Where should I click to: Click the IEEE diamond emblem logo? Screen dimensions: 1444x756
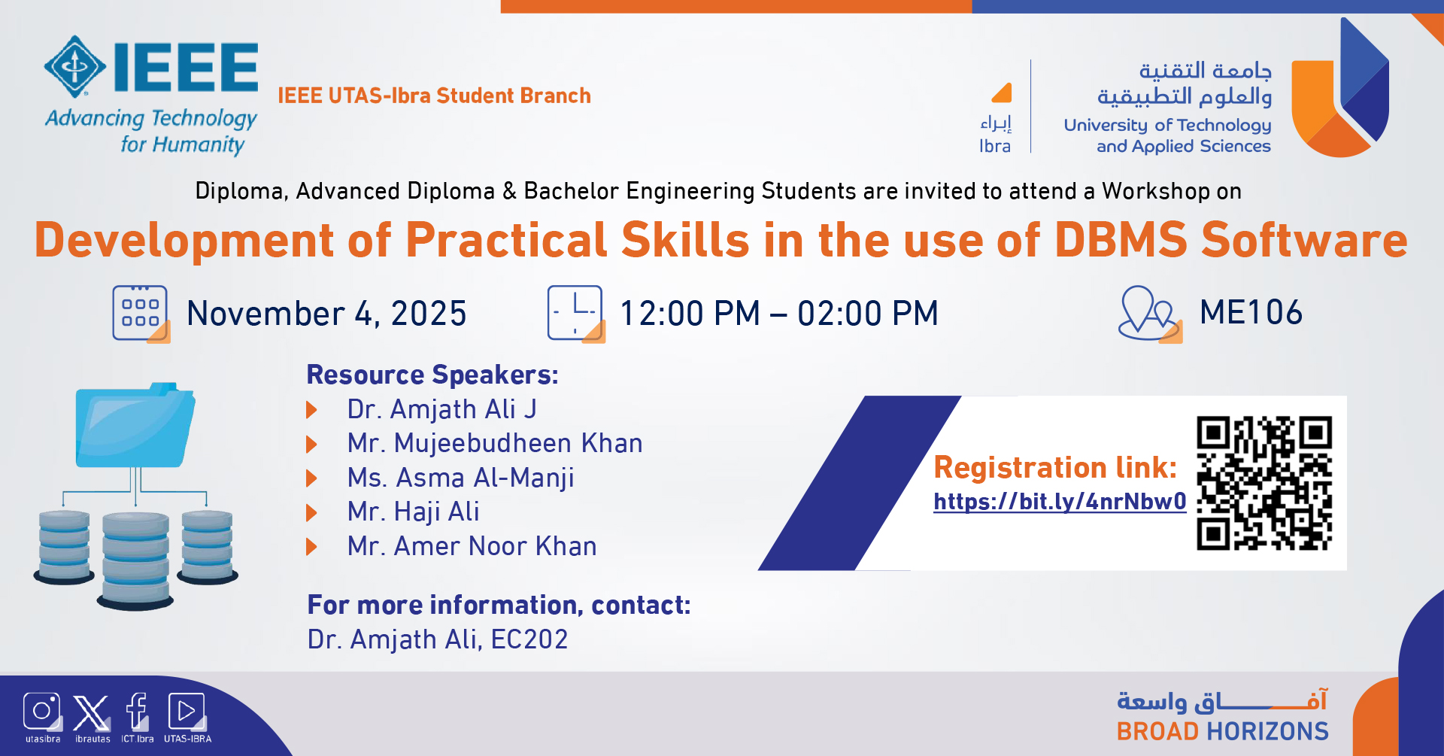(x=74, y=66)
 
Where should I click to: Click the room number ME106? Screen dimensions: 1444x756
(x=1251, y=312)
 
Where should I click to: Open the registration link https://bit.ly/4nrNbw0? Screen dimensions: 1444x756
(x=1060, y=502)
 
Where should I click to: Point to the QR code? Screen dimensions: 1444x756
(x=1264, y=483)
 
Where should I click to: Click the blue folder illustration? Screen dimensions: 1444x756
(x=135, y=426)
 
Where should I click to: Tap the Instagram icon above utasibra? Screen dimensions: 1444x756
(x=42, y=711)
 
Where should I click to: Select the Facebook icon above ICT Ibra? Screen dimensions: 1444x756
(x=137, y=711)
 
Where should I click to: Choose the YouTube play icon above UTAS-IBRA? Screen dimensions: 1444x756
(x=187, y=711)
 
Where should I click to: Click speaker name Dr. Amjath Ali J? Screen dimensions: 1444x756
(x=441, y=409)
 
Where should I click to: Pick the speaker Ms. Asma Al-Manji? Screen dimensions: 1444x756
(x=460, y=478)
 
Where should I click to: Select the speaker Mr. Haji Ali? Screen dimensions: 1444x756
(x=413, y=512)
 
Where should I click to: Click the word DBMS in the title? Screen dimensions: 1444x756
(x=1121, y=240)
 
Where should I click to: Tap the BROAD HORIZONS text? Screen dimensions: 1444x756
(x=1222, y=731)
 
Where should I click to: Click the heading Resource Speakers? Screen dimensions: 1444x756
(x=432, y=375)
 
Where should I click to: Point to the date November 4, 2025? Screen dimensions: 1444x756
(x=326, y=314)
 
